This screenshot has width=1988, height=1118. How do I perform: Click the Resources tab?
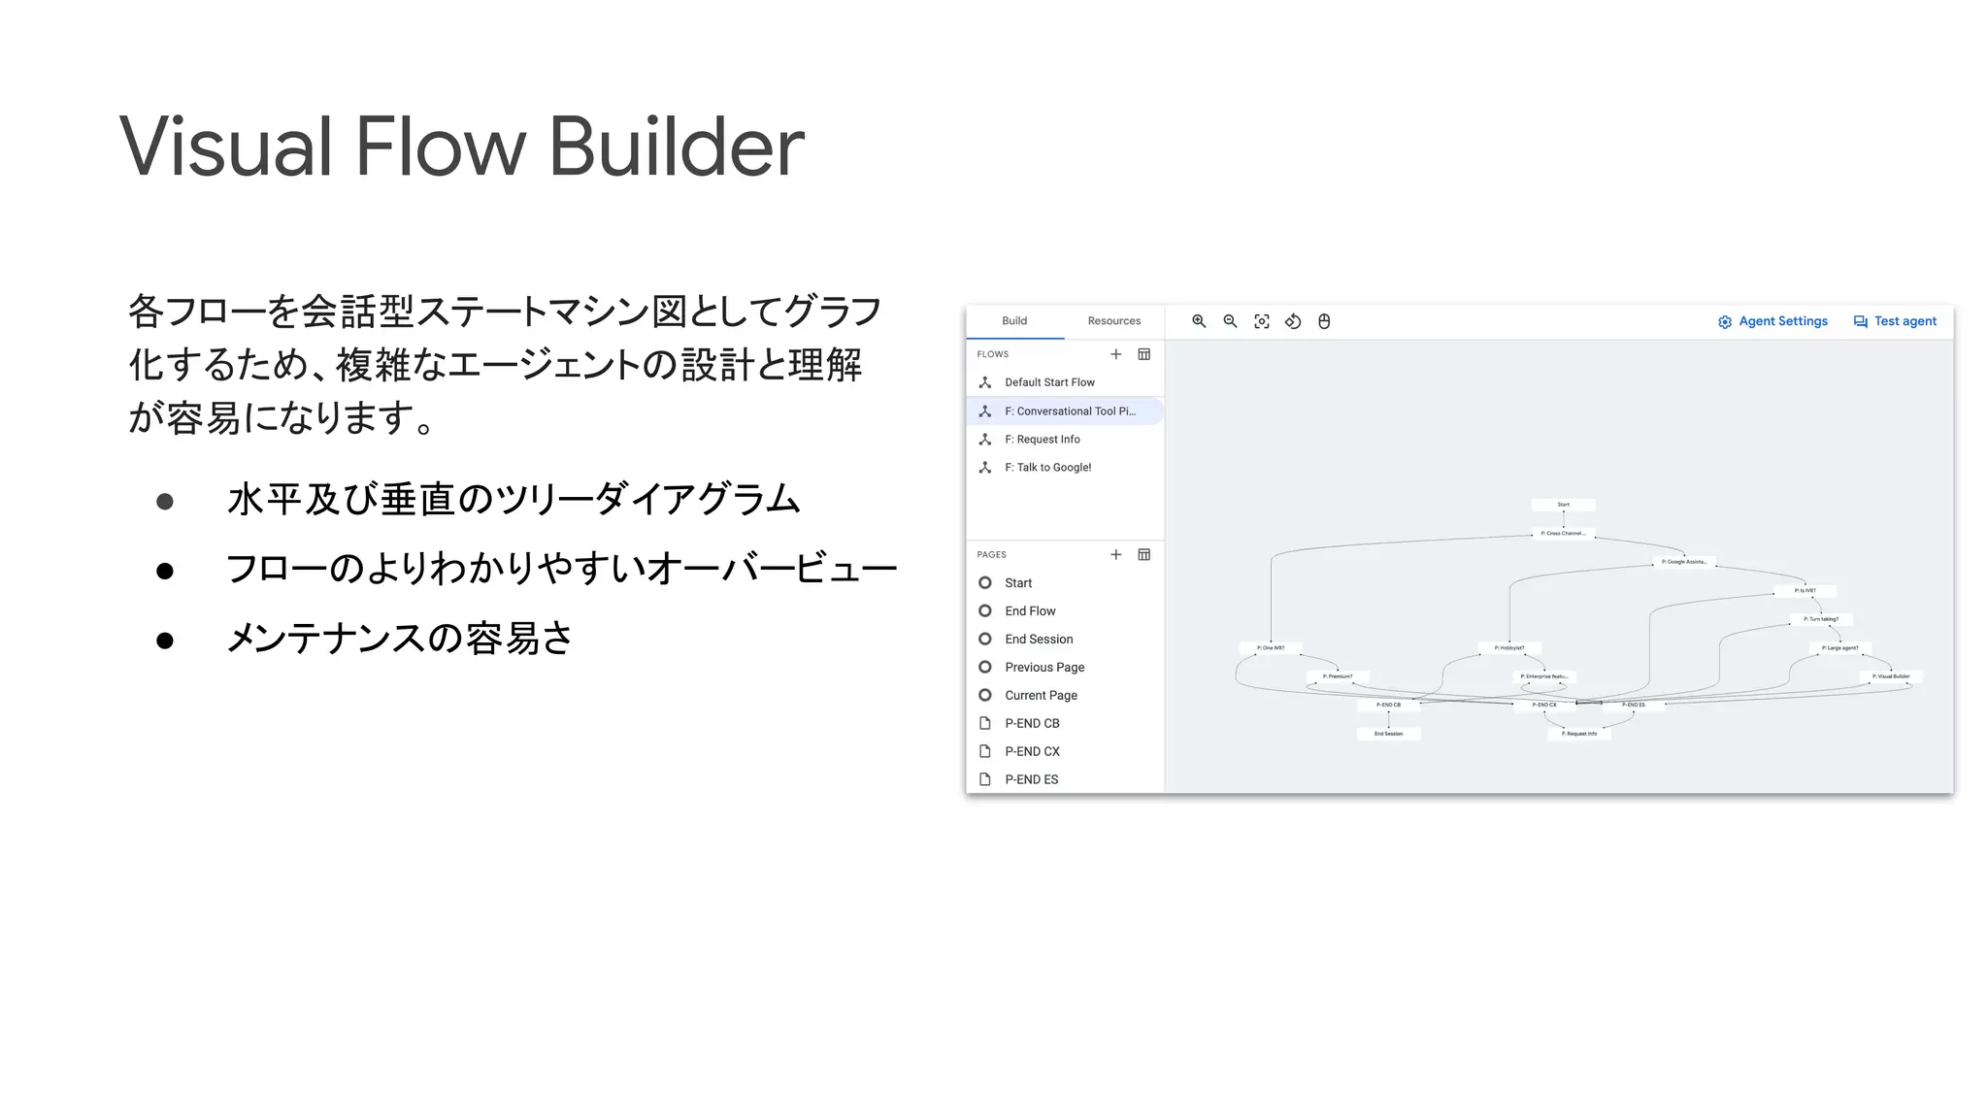point(1113,321)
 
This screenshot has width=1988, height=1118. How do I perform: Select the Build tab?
point(1014,321)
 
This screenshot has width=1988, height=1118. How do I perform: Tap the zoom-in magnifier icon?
point(1199,321)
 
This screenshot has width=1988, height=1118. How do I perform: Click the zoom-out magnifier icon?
point(1230,321)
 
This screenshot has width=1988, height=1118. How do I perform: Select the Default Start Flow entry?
point(1049,382)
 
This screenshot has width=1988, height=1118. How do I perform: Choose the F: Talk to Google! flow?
point(1047,468)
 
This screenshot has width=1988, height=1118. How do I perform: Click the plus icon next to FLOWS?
point(1116,354)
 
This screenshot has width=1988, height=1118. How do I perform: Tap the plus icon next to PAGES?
point(1116,555)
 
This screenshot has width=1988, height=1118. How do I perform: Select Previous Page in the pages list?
point(1044,668)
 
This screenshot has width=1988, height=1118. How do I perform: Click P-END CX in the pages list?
point(1032,752)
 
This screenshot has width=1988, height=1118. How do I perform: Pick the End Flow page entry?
point(1030,611)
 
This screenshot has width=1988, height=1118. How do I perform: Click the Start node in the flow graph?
point(1563,505)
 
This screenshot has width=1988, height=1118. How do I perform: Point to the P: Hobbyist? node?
point(1509,648)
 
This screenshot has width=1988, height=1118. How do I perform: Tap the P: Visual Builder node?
point(1891,676)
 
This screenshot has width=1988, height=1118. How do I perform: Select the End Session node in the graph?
point(1388,734)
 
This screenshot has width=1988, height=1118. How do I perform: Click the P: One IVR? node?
point(1271,648)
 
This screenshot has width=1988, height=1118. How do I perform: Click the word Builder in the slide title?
point(677,148)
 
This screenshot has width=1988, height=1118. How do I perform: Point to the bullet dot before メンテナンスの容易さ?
point(165,641)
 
